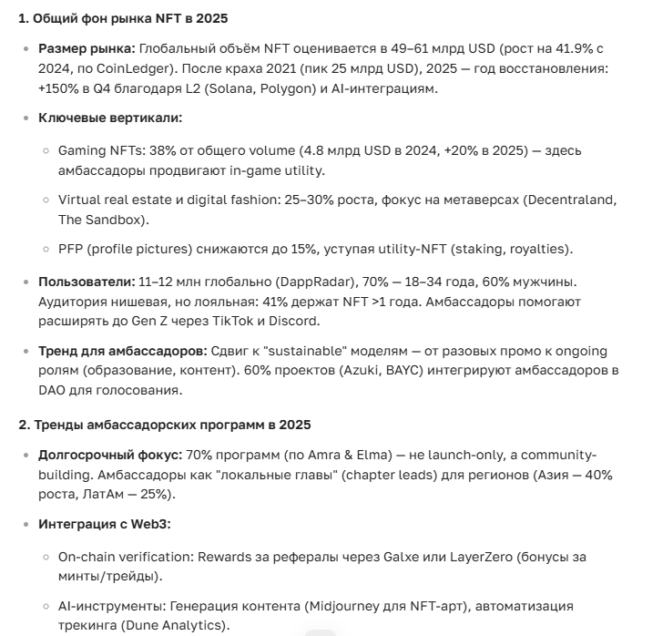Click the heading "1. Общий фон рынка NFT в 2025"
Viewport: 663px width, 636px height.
(124, 18)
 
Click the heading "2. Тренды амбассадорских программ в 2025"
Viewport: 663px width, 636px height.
(165, 425)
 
